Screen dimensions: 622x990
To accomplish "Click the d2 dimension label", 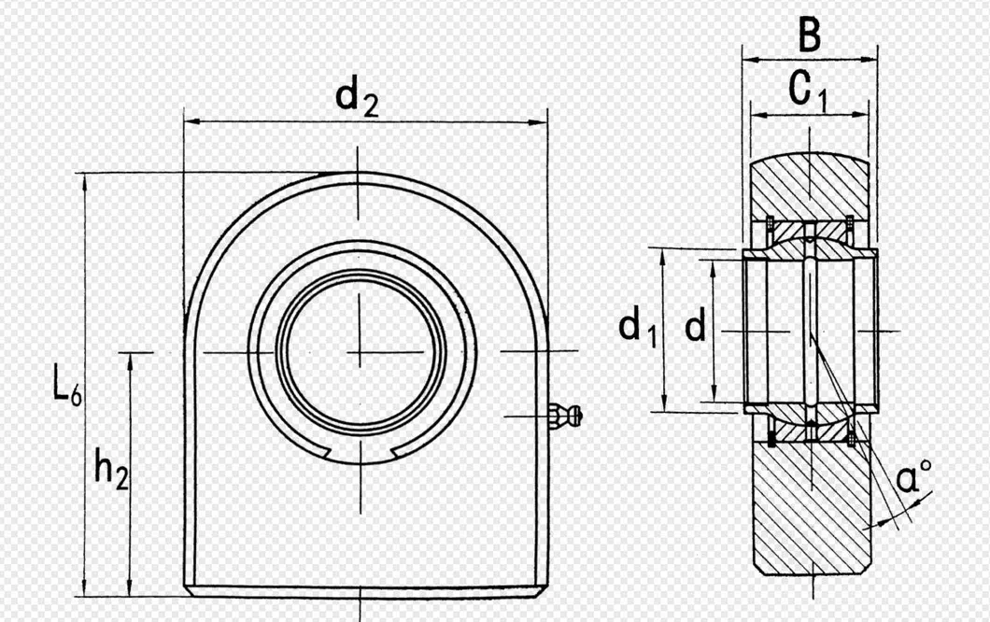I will coord(357,97).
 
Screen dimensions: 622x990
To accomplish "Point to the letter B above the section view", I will coord(809,36).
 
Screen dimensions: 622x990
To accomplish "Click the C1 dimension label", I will coord(808,92).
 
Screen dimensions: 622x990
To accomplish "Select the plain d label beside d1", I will coord(694,327).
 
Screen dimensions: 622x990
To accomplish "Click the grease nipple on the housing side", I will coord(566,414).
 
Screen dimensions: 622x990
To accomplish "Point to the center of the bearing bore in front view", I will coord(360,352).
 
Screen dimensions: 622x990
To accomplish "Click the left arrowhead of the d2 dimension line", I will coord(190,120).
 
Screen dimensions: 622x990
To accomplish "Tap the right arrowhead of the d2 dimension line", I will coord(541,121).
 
